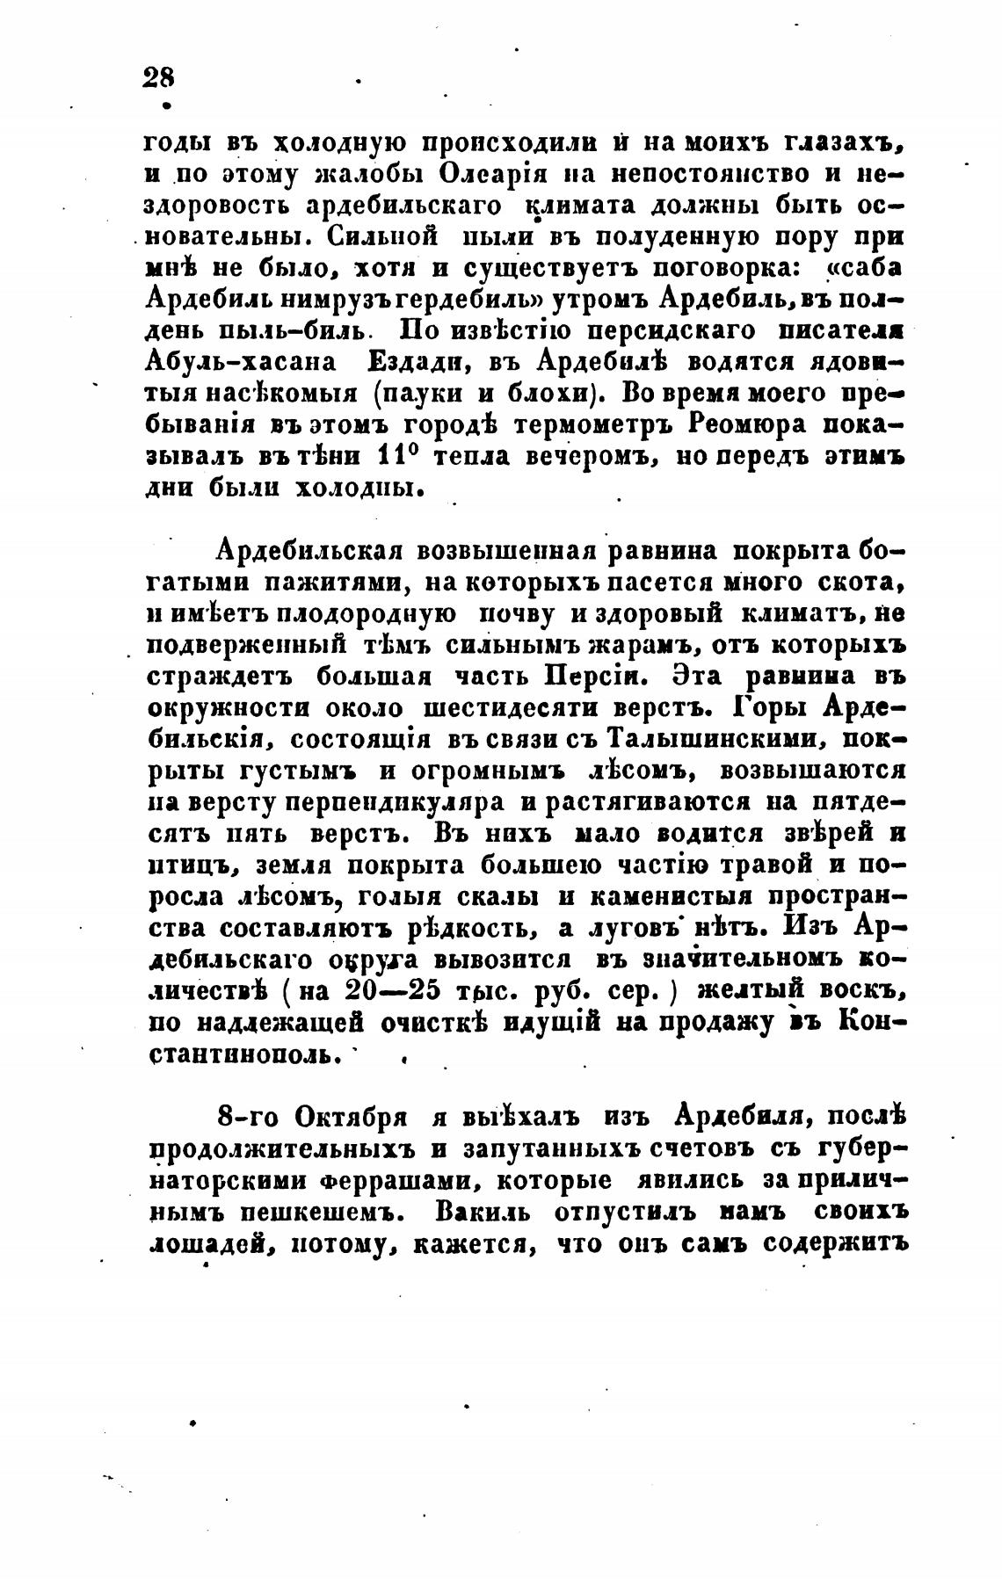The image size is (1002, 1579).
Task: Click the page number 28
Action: point(158,76)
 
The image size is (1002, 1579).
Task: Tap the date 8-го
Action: point(243,1119)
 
